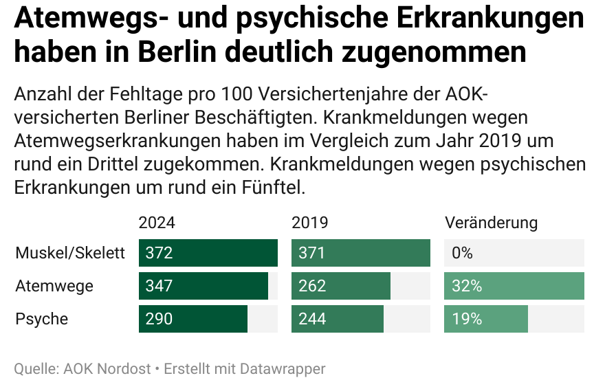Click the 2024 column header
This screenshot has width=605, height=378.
(x=157, y=223)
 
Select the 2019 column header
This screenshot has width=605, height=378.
(x=310, y=223)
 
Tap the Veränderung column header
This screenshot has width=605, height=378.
(x=492, y=223)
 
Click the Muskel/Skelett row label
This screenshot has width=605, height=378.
(x=70, y=253)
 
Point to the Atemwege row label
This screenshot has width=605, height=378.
(x=54, y=286)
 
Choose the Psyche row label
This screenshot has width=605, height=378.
(x=42, y=319)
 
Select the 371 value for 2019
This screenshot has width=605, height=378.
(x=311, y=253)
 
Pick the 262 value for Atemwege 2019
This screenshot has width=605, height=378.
(x=312, y=286)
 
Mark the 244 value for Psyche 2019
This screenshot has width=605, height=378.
(x=312, y=319)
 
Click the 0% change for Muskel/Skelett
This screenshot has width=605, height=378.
(x=463, y=253)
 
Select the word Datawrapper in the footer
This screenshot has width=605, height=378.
(x=282, y=368)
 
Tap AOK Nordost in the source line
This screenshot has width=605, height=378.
(x=107, y=368)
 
